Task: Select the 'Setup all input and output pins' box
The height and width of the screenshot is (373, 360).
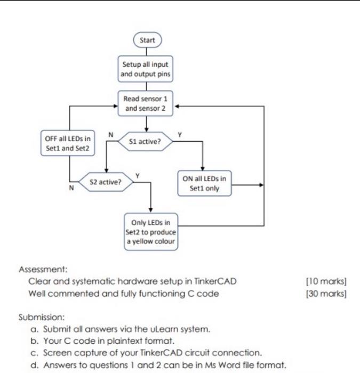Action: click(146, 69)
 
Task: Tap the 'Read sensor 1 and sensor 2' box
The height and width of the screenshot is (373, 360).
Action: click(146, 104)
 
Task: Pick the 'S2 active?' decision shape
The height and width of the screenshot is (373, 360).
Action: click(106, 182)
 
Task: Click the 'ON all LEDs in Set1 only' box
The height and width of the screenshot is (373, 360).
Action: click(204, 183)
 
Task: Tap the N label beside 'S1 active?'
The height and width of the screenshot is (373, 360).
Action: click(110, 135)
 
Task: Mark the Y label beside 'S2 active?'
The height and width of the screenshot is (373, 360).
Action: click(138, 175)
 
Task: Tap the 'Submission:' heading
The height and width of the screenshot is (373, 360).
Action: click(40, 318)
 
